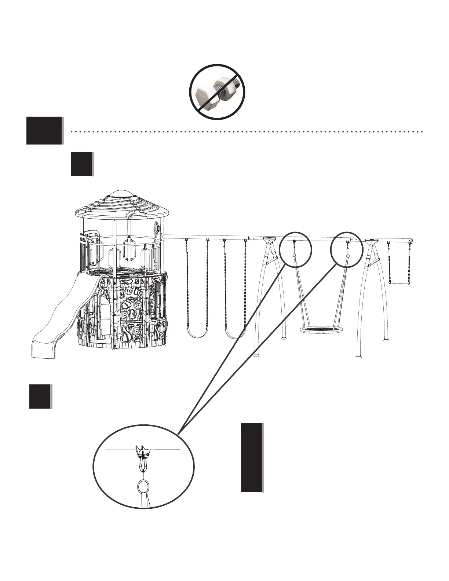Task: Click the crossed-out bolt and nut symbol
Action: point(217,92)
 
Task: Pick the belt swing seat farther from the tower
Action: point(235,334)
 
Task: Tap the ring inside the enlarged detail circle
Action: point(143,486)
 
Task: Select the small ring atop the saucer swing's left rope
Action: point(294,255)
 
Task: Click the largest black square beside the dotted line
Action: point(44,131)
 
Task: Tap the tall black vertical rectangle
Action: point(252,457)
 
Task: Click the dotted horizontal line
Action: point(246,131)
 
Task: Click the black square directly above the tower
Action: point(81,164)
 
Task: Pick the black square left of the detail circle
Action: point(40,396)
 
